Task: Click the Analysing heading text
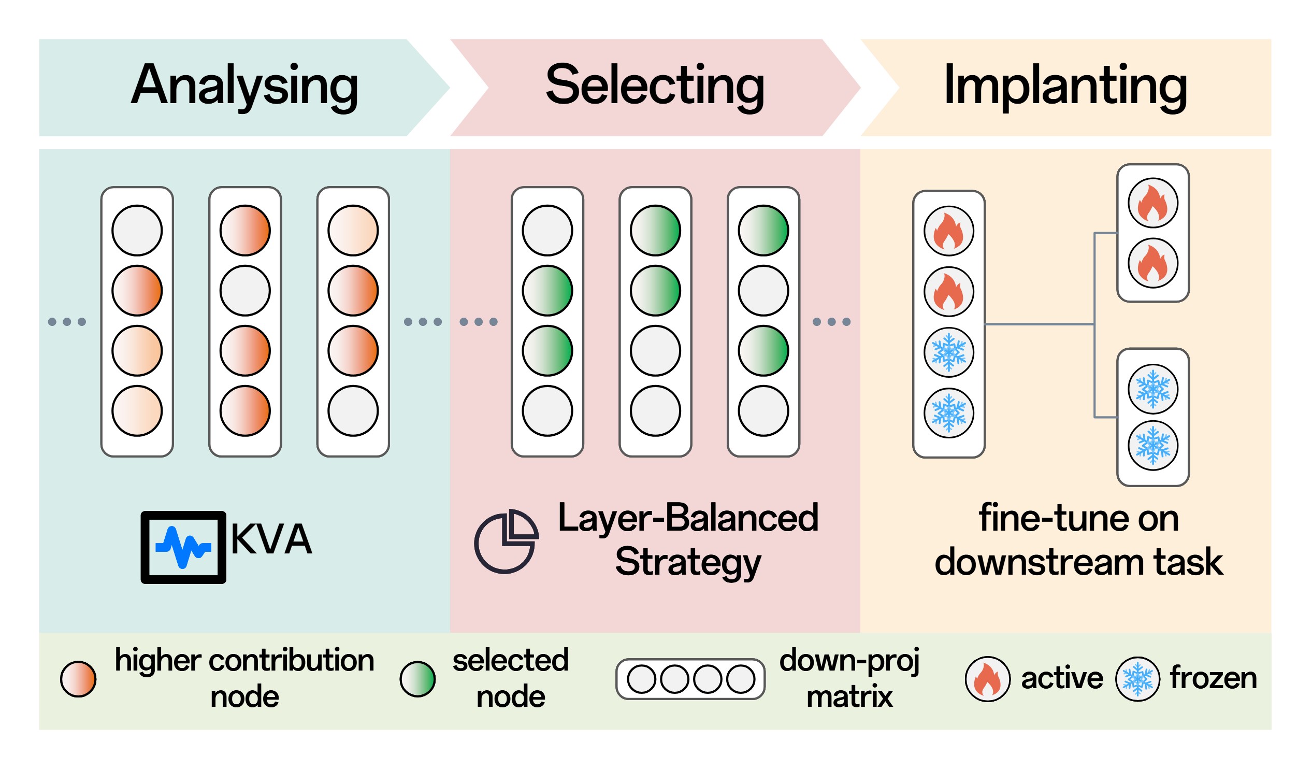pyautogui.click(x=244, y=86)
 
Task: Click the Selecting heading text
pyautogui.click(x=654, y=86)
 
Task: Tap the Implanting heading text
pyautogui.click(x=1065, y=86)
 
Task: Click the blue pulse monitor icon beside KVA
pyautogui.click(x=183, y=547)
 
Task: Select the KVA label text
pyautogui.click(x=271, y=539)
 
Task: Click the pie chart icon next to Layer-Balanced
pyautogui.click(x=506, y=542)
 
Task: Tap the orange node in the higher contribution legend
pyautogui.click(x=78, y=679)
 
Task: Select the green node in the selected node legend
pyautogui.click(x=417, y=679)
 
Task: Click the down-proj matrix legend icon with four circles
pyautogui.click(x=690, y=679)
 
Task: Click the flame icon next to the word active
pyautogui.click(x=987, y=679)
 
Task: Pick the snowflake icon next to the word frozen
pyautogui.click(x=1137, y=679)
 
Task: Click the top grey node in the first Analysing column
pyautogui.click(x=137, y=230)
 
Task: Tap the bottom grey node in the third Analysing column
pyautogui.click(x=353, y=410)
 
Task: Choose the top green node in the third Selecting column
pyautogui.click(x=763, y=230)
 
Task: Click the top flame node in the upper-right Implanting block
pyautogui.click(x=1152, y=203)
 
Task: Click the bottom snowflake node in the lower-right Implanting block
pyautogui.click(x=1152, y=446)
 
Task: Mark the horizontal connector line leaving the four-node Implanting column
pyautogui.click(x=1039, y=324)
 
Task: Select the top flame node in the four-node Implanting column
pyautogui.click(x=948, y=231)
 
